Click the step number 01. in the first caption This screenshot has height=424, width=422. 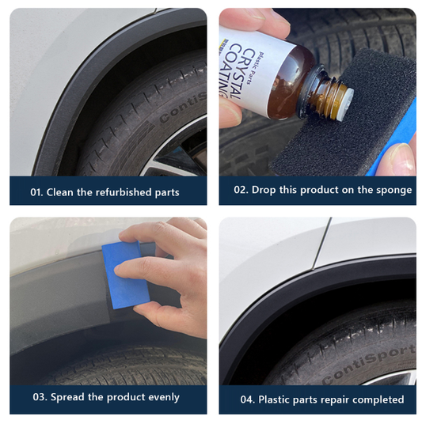pos(36,192)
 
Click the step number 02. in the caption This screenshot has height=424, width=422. pos(241,190)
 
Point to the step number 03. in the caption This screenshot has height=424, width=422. pos(40,397)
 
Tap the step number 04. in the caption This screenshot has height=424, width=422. pos(247,399)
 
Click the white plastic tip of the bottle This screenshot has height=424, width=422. pos(346,104)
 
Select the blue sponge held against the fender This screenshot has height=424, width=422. pos(125,275)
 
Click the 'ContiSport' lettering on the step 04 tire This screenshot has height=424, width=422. pos(369,364)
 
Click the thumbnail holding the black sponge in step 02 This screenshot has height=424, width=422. pos(402,157)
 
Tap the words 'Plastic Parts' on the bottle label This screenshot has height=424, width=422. pos(255,68)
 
